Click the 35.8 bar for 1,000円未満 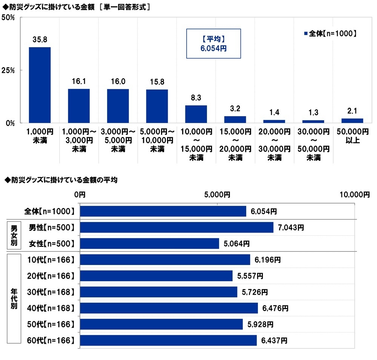pos(40,85)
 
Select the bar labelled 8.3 pos(196,114)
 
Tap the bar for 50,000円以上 pos(352,120)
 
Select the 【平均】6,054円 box pos(213,43)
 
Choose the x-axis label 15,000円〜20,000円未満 pos(235,144)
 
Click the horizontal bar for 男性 pos(176,227)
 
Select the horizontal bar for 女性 pos(149,244)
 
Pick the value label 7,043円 pos(290,227)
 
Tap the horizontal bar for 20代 pos(156,276)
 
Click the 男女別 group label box pos(14,236)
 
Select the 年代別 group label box pos(14,300)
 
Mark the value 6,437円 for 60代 pos(274,341)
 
